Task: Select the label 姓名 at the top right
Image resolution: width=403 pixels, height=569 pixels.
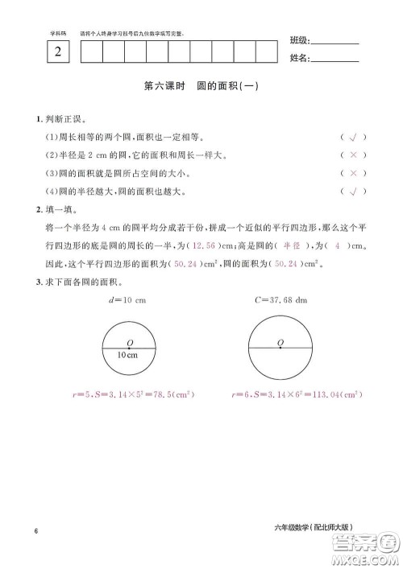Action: (x=298, y=58)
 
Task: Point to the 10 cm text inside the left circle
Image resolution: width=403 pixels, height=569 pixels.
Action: (x=126, y=355)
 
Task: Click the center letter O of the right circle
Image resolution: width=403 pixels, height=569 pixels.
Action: (x=280, y=342)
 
